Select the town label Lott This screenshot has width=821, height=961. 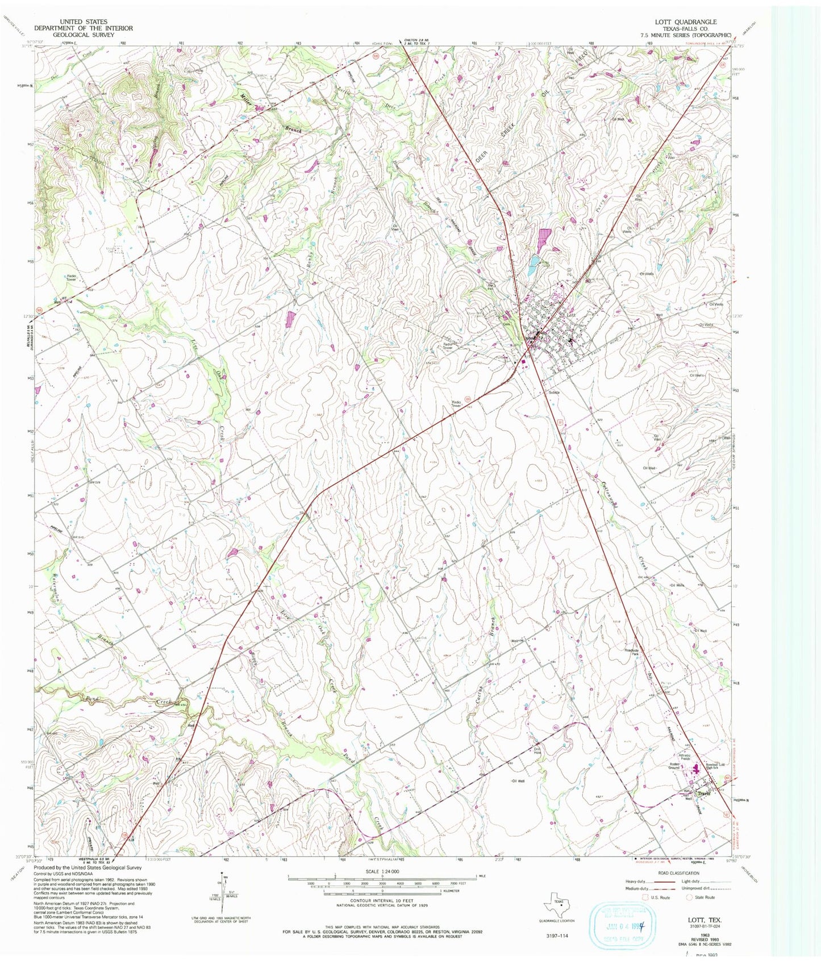pos(572,314)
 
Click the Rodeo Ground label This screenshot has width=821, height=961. pos(674,765)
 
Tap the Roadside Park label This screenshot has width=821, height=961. pos(632,653)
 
